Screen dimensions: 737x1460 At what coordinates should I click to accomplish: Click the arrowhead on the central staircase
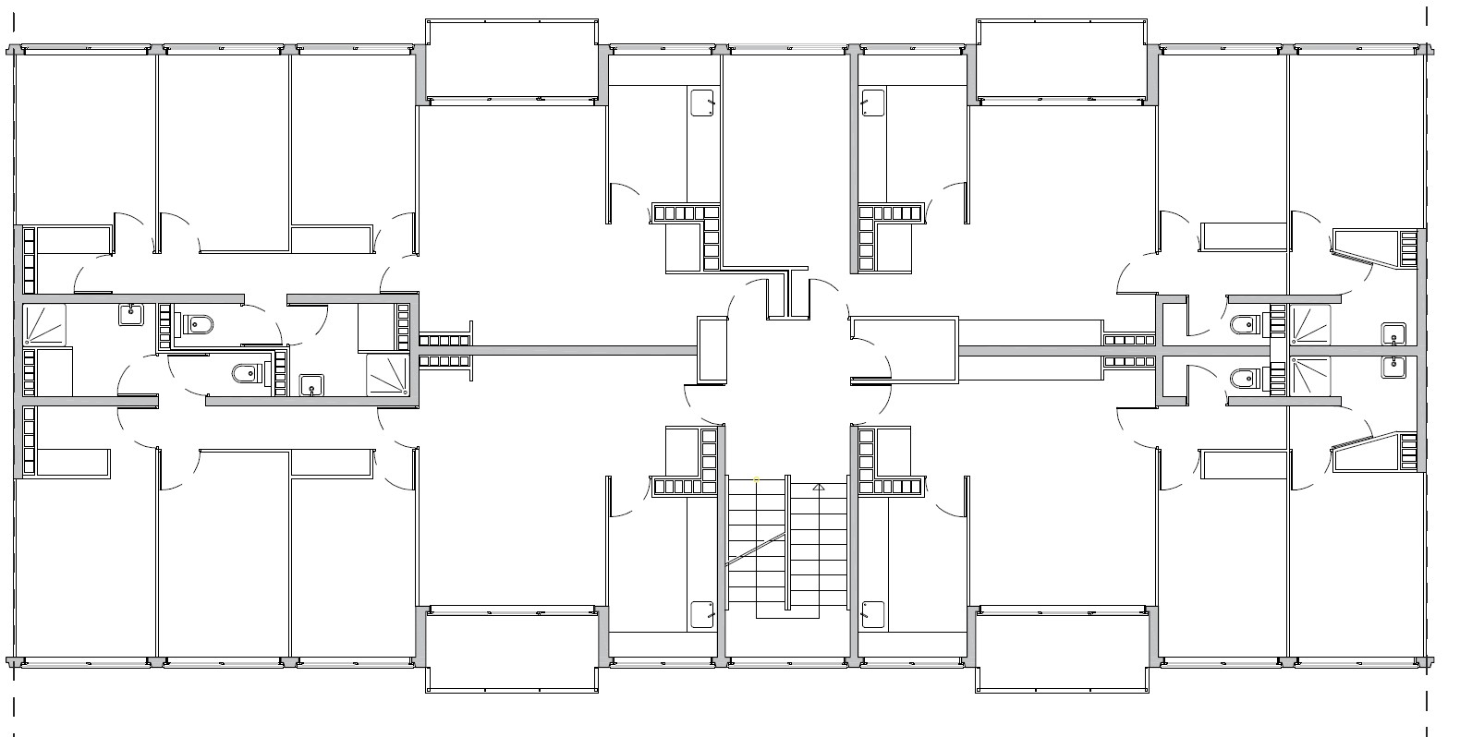click(818, 486)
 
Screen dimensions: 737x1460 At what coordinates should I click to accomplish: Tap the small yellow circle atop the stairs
click(757, 479)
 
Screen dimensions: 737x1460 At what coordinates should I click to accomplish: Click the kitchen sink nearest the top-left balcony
click(703, 102)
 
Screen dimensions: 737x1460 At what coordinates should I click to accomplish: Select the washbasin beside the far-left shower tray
click(130, 315)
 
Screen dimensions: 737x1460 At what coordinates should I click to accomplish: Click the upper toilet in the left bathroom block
click(198, 324)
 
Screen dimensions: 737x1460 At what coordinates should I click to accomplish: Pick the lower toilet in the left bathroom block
click(247, 374)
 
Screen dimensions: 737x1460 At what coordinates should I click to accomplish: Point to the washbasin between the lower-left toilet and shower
click(312, 384)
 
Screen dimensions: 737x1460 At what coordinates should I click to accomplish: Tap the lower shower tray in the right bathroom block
click(1310, 377)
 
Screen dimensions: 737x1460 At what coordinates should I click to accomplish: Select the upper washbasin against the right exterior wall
click(1393, 334)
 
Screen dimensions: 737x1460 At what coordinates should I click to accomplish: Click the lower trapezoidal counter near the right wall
click(1368, 452)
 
